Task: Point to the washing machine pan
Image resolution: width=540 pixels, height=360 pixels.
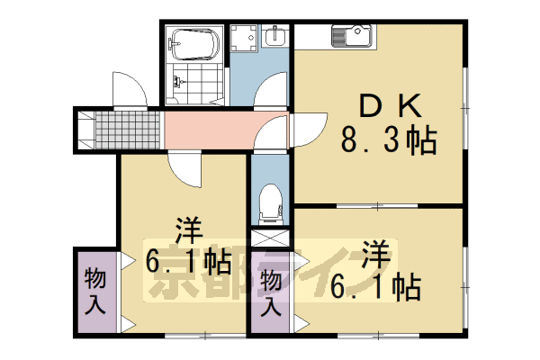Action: pyautogui.click(x=243, y=37)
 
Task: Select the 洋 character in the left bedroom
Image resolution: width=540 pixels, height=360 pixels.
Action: pyautogui.click(x=187, y=229)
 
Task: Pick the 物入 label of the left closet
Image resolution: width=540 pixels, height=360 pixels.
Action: pyautogui.click(x=94, y=289)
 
